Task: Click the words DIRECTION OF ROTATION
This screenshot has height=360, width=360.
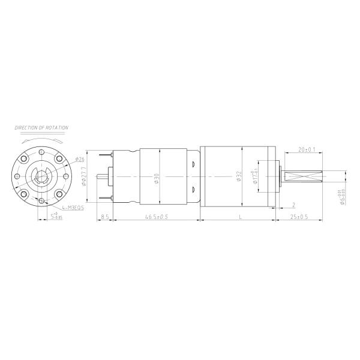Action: (x=41, y=128)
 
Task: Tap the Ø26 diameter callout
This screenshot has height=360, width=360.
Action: (x=80, y=160)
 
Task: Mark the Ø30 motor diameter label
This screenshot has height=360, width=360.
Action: (x=157, y=178)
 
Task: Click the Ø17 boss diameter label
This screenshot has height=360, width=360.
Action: (x=256, y=178)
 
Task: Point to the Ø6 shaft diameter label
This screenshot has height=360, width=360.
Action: (x=340, y=197)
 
